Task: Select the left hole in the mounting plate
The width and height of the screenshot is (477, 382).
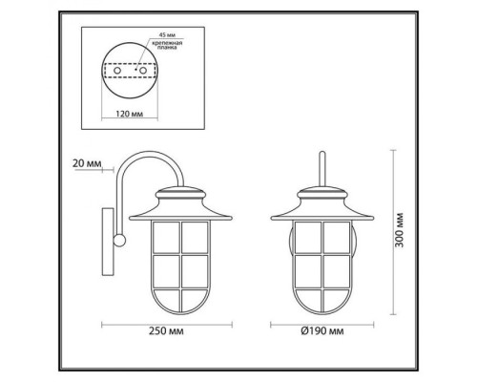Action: pos(117,70)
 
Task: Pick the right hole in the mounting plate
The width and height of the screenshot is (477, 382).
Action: pos(142,70)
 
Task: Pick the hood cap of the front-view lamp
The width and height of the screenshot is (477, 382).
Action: pos(322,203)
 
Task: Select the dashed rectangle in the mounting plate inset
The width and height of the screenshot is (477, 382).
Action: pos(130,71)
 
